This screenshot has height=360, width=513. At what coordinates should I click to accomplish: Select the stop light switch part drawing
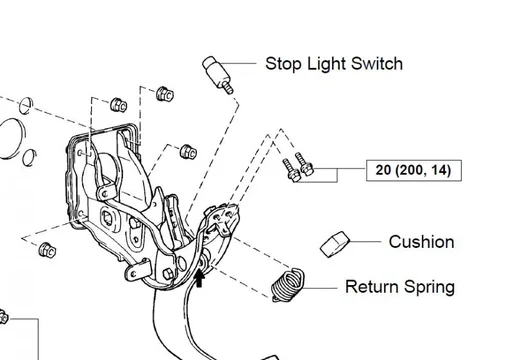[x=218, y=75]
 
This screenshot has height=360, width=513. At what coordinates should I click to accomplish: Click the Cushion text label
[x=421, y=242]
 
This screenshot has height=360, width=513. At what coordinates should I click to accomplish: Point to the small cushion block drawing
[x=335, y=244]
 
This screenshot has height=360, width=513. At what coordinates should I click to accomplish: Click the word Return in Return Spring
[x=372, y=287]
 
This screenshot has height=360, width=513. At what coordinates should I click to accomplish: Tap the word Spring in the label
[x=429, y=288]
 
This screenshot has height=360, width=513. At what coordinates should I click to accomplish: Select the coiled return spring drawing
[x=287, y=284]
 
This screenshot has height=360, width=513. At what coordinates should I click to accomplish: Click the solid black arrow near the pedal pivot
[x=199, y=278]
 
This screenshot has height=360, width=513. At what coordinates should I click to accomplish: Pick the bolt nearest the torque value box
[x=304, y=164]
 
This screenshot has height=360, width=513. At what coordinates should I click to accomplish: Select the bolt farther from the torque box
[x=291, y=170]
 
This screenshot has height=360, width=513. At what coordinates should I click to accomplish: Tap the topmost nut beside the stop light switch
[x=165, y=93]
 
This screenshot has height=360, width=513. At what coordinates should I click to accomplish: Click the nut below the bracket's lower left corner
[x=47, y=250]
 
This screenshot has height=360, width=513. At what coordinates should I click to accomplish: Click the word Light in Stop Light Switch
[x=326, y=64]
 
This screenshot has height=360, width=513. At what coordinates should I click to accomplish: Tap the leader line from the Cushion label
[x=365, y=241]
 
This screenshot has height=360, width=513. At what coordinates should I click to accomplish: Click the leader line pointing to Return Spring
[x=320, y=288]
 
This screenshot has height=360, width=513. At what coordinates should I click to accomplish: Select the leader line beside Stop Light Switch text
[x=237, y=63]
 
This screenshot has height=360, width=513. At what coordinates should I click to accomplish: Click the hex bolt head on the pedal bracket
[x=168, y=274]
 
